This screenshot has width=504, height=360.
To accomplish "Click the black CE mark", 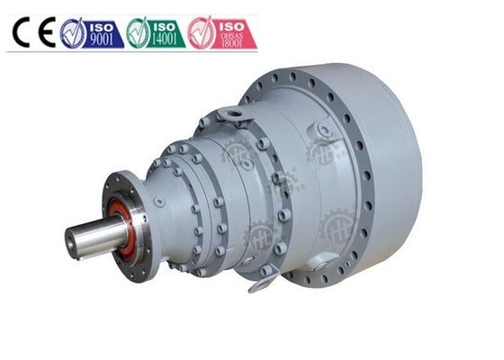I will pos(33,32).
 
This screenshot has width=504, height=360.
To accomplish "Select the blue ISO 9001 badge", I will pos(92,32).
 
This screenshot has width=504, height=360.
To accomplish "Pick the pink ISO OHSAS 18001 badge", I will pos(221,32).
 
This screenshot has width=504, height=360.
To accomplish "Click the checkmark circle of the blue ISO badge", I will pos(74,33).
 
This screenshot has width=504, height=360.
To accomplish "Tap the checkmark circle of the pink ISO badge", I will pos(202,33).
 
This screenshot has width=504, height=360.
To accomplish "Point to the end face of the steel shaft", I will pos(72,242).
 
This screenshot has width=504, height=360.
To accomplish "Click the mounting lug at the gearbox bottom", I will pos(262,286).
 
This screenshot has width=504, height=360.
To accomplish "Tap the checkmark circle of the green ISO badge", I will pos(138,33).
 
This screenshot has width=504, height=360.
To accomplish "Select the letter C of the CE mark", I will pos(22,32).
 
